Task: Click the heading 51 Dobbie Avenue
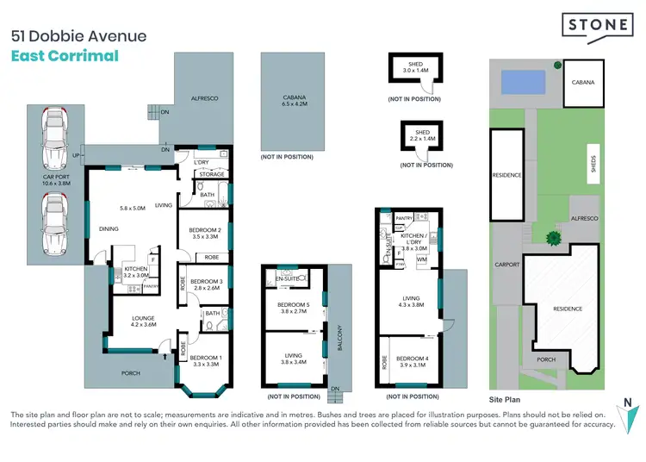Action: click(x=78, y=36)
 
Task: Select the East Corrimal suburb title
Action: click(x=65, y=57)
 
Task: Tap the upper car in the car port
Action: click(x=55, y=135)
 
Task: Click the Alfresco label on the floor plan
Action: click(x=204, y=99)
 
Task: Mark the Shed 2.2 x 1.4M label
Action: click(x=416, y=135)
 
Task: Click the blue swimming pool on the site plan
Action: click(x=525, y=82)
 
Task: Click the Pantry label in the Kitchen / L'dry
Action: click(x=405, y=220)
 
